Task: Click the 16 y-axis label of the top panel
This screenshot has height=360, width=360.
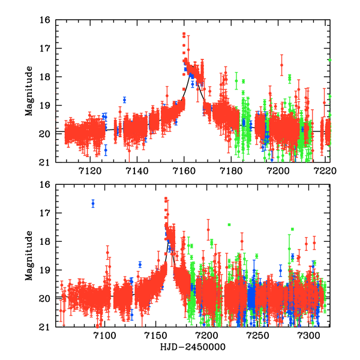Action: (45, 20)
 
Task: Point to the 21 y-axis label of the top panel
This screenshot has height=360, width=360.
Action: (45, 163)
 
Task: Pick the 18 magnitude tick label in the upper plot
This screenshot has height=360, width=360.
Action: (45, 77)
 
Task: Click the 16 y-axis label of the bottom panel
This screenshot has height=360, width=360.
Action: (45, 185)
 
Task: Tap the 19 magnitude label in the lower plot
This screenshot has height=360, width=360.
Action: (45, 270)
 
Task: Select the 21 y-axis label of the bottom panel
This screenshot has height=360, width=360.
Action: (45, 327)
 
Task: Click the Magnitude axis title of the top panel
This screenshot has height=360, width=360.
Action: (28, 91)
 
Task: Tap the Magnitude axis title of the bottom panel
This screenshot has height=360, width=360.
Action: (28, 256)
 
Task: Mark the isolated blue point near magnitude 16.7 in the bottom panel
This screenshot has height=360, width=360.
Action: (93, 203)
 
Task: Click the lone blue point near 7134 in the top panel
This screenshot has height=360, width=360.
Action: (125, 100)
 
